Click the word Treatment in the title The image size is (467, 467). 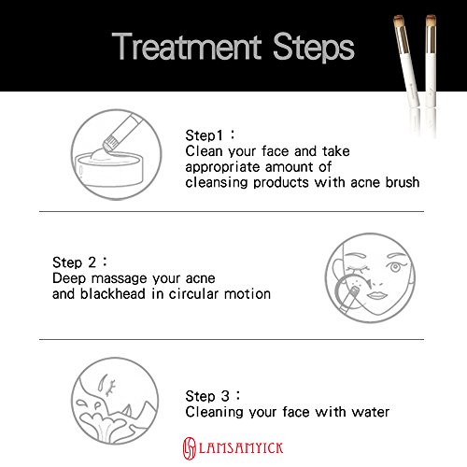(187, 47)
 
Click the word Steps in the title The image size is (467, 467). (314, 48)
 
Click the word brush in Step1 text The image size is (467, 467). (403, 182)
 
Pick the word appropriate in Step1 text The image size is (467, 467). (222, 167)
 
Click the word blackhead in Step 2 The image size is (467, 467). (113, 293)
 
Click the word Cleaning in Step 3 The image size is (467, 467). (215, 413)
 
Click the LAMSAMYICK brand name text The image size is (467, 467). (241, 448)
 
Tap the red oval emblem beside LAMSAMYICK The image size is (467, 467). (189, 448)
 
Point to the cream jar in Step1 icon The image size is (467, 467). (109, 170)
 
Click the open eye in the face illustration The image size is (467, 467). (395, 267)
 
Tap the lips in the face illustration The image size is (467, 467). (376, 294)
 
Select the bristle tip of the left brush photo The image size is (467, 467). (399, 21)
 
